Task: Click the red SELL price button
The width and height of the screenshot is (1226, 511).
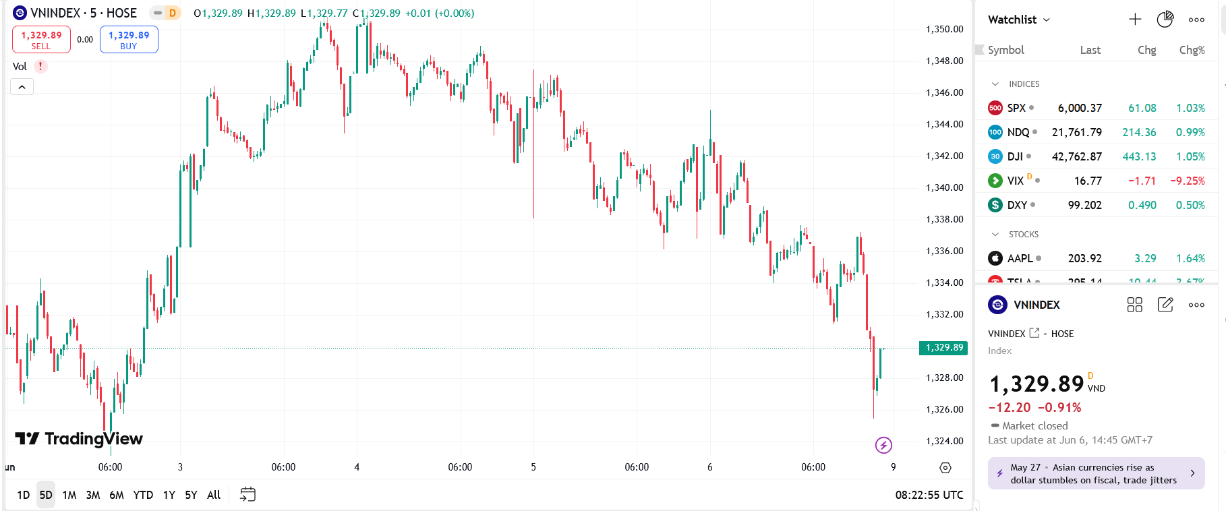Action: [41, 39]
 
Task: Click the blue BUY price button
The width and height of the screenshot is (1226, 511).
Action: [129, 39]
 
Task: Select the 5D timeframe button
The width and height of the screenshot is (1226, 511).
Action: [46, 495]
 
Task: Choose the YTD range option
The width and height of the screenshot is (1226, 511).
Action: [143, 495]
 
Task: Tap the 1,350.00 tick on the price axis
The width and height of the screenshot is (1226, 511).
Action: [944, 29]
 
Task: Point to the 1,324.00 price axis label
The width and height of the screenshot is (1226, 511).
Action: [944, 441]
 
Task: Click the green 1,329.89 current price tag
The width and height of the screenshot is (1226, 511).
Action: [943, 348]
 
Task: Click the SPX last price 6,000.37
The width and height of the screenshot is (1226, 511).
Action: [1079, 108]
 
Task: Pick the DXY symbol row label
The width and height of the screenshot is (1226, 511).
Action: [1017, 205]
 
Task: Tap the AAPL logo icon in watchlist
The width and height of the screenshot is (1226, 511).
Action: [995, 258]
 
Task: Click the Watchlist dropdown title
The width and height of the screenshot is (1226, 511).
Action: [1018, 20]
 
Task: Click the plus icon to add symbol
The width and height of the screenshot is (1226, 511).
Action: [1135, 20]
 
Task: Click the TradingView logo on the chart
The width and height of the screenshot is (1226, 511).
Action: [79, 439]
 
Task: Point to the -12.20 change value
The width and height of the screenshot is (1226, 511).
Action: [1010, 407]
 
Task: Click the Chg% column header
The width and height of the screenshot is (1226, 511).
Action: [1192, 50]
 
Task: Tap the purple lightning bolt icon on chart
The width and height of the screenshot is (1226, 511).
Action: [883, 445]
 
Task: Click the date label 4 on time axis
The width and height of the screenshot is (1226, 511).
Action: [357, 467]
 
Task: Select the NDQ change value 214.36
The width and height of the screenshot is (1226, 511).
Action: [1139, 132]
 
